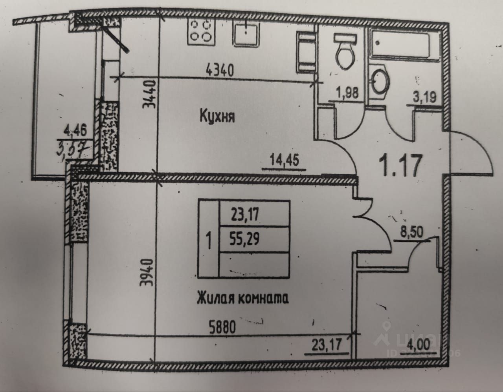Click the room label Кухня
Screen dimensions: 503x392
[x=217, y=117]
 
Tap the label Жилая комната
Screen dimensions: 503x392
[x=242, y=299]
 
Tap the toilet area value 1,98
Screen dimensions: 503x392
[x=346, y=94]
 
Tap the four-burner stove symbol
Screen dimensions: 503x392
[x=201, y=31]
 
